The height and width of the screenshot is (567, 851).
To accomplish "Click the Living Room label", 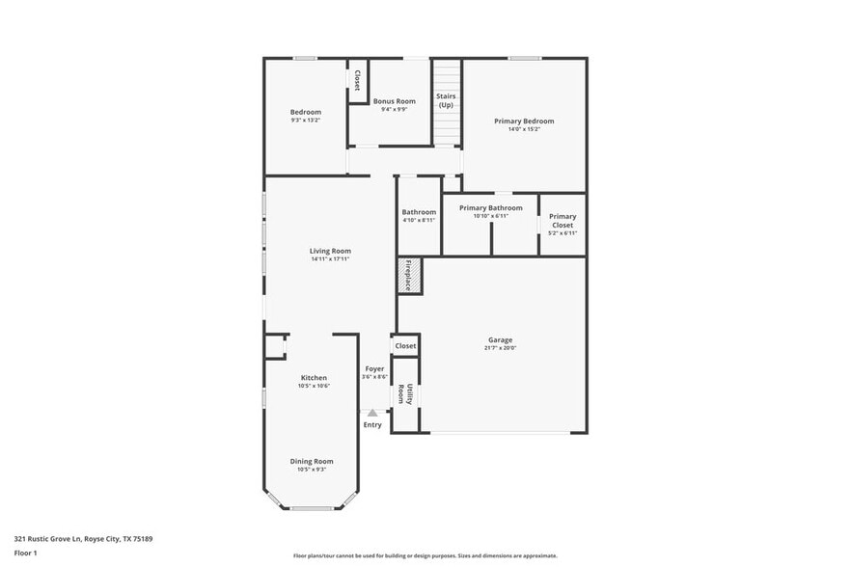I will click(x=330, y=251).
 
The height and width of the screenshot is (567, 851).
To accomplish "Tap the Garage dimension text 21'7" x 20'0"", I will click(x=500, y=348).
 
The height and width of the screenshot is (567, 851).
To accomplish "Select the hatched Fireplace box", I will click(x=408, y=276).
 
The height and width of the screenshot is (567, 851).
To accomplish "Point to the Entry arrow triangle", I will click(x=372, y=413).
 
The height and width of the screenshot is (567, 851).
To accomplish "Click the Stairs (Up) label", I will click(x=446, y=100).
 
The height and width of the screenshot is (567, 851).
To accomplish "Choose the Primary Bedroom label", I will click(x=524, y=121).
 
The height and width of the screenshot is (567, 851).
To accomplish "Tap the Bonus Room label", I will click(x=394, y=101).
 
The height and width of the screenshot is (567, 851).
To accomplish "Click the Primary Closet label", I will click(x=563, y=221).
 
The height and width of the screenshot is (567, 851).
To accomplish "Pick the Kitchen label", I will click(x=314, y=378).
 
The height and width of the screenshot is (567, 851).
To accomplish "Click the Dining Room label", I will click(x=312, y=461).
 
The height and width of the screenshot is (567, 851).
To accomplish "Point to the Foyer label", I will click(x=374, y=369).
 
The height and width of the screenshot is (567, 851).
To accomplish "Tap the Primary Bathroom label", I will click(x=490, y=208).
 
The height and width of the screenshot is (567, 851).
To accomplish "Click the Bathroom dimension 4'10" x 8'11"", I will click(x=419, y=220).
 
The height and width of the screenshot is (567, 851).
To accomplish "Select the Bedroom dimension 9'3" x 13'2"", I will click(x=306, y=121).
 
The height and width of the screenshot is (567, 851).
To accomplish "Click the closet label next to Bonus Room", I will click(x=357, y=79).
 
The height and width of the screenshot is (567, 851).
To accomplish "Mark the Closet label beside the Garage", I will click(x=405, y=345).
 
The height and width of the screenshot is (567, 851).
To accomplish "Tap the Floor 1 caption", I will click(x=25, y=553).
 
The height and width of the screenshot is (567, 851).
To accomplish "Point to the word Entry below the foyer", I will click(x=372, y=425).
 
